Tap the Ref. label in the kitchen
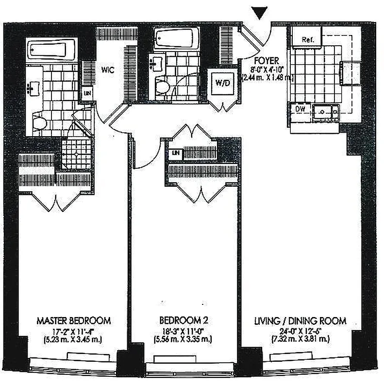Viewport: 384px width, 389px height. pos(307,39)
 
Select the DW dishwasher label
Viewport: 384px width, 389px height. pos(301,109)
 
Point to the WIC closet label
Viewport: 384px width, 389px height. pos(107,70)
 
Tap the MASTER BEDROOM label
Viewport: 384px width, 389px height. pos(74,321)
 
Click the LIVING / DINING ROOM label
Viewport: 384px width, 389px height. pos(301,321)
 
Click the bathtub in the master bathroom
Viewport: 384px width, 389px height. pos(47,50)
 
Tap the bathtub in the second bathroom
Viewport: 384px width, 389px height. pos(177,38)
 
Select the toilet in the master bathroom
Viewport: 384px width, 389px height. pos(40,122)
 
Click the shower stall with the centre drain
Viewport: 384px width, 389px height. pos(76,153)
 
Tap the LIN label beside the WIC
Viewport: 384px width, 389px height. pos(87,93)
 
